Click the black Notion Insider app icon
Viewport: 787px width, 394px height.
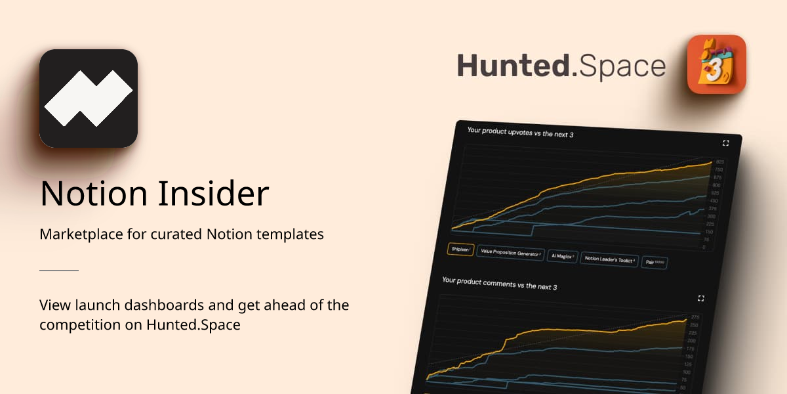point(89,98)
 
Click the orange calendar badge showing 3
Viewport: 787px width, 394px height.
point(716,64)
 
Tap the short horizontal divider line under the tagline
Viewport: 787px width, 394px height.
point(59,270)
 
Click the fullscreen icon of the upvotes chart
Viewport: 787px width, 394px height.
point(726,142)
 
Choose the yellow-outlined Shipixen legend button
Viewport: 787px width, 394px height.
point(460,250)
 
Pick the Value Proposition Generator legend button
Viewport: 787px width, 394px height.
point(510,253)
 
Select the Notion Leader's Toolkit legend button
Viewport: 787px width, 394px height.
point(610,259)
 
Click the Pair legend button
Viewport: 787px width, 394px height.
point(655,262)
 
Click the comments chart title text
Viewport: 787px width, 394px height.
point(491,283)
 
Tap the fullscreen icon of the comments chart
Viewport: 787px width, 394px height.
point(701,298)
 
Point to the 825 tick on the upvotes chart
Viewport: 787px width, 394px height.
point(719,162)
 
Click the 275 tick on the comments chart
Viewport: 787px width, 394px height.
point(694,317)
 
